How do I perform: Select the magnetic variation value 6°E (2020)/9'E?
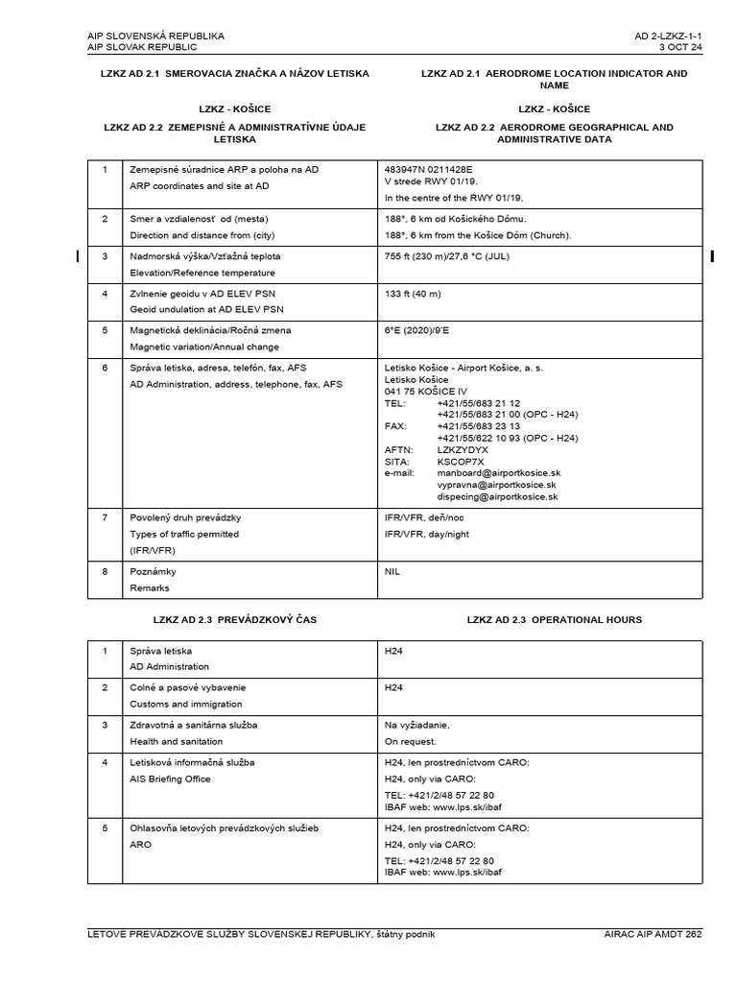coord(429,329)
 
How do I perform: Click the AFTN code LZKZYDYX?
coord(463,448)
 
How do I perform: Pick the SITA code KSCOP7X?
coord(461,461)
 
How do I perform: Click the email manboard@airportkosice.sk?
coord(498,473)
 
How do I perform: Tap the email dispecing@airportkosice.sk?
coord(498,497)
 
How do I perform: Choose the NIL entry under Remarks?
coord(392,571)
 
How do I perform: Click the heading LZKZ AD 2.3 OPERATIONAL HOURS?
coord(555,620)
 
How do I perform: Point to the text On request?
coord(410,741)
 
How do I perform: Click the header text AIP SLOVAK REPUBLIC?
coord(142,47)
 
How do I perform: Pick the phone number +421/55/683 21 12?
coord(478,403)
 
